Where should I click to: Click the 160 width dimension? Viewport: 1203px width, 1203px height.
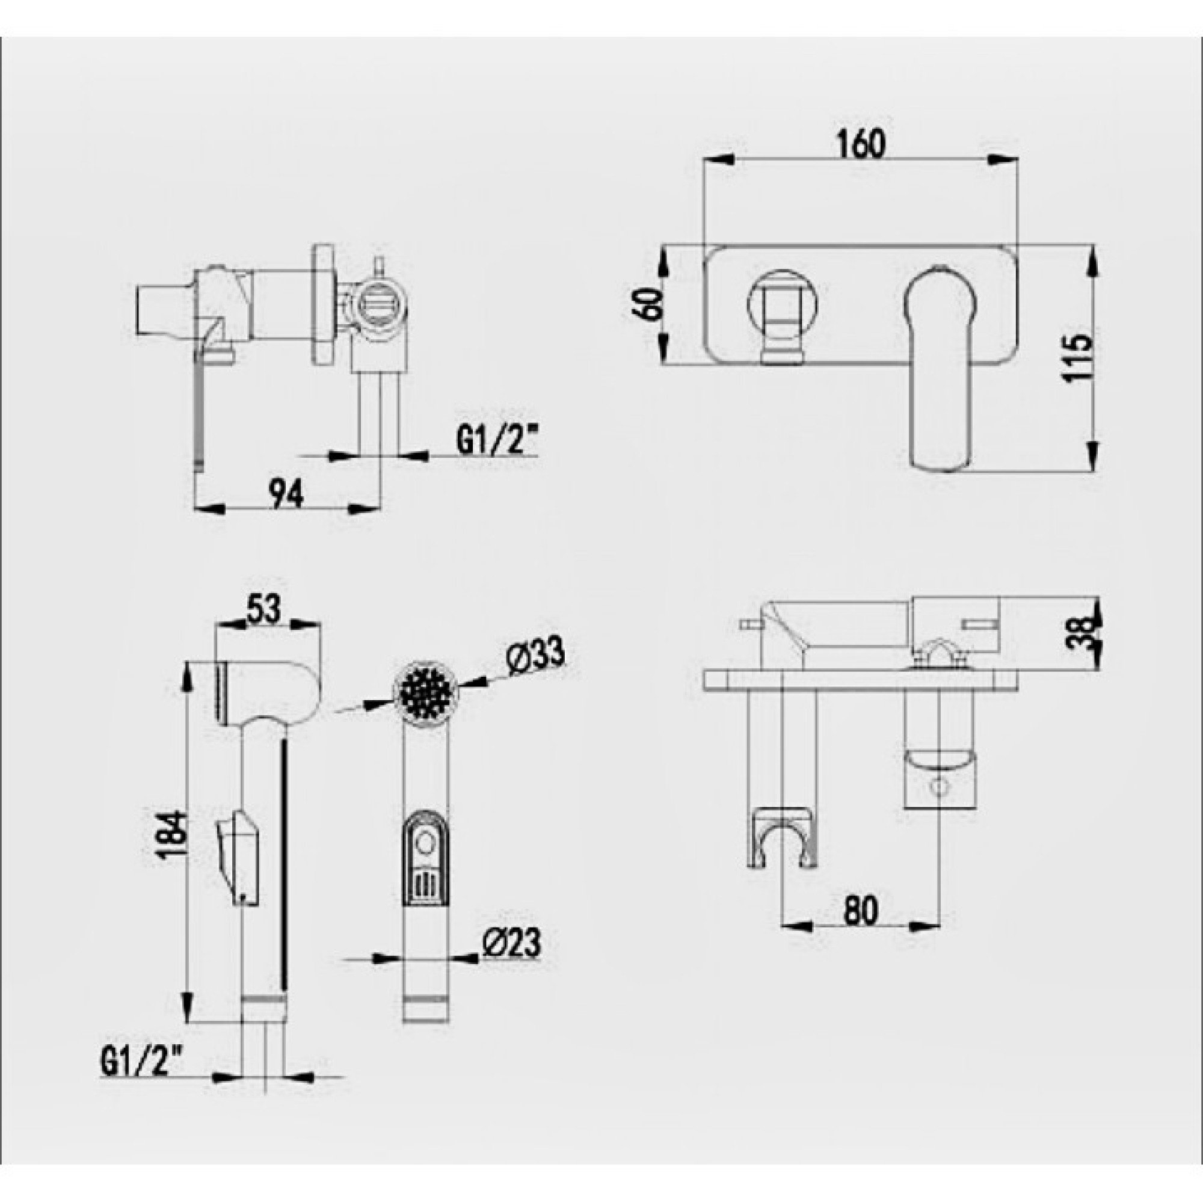pos(861,144)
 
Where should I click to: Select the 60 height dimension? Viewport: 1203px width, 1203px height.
pos(645,303)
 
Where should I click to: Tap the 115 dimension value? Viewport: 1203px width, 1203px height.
pos(1077,358)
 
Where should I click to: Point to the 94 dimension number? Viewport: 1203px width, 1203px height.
pos(286,494)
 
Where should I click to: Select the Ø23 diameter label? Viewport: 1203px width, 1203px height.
pos(512,944)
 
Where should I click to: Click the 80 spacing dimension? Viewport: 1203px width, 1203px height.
pos(861,909)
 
